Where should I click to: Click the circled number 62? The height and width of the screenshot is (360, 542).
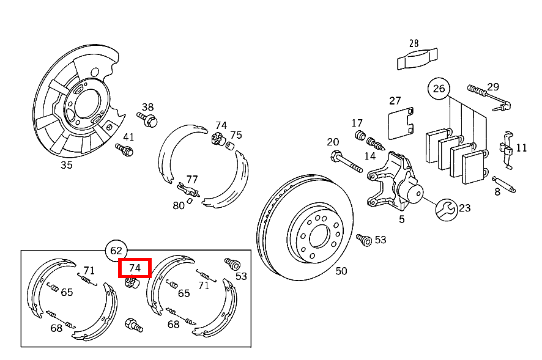pyautogui.click(x=116, y=251)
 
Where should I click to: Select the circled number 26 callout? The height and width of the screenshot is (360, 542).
pyautogui.click(x=439, y=89)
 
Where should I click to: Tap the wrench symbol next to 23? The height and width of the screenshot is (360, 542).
pyautogui.click(x=446, y=210)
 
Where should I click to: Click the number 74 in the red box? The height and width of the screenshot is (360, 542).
pyautogui.click(x=135, y=268)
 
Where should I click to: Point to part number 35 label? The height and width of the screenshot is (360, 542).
pyautogui.click(x=66, y=165)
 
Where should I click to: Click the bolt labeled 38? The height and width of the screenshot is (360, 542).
pyautogui.click(x=147, y=119)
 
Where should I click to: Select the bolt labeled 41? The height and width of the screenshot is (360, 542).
pyautogui.click(x=124, y=150)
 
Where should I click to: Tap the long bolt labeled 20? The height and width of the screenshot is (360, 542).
pyautogui.click(x=346, y=162)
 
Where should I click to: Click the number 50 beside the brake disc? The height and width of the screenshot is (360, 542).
pyautogui.click(x=341, y=271)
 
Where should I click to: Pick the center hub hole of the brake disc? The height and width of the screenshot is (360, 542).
pyautogui.click(x=318, y=237)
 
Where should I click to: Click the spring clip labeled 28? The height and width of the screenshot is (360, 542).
pyautogui.click(x=417, y=59)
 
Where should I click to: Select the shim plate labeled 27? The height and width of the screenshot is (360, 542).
pyautogui.click(x=401, y=123)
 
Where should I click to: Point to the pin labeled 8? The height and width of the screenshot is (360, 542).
pyautogui.click(x=504, y=184)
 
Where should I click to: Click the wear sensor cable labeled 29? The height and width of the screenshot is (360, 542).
pyautogui.click(x=489, y=98)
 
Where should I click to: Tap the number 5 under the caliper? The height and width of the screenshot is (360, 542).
pyautogui.click(x=402, y=219)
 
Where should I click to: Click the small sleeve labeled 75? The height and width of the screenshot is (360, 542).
pyautogui.click(x=230, y=145)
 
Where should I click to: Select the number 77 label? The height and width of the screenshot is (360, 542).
pyautogui.click(x=192, y=179)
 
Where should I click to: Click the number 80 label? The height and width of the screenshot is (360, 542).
pyautogui.click(x=179, y=205)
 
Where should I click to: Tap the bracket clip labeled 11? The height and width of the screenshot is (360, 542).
pyautogui.click(x=507, y=150)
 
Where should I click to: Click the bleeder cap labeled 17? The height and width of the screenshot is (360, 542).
pyautogui.click(x=360, y=135)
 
